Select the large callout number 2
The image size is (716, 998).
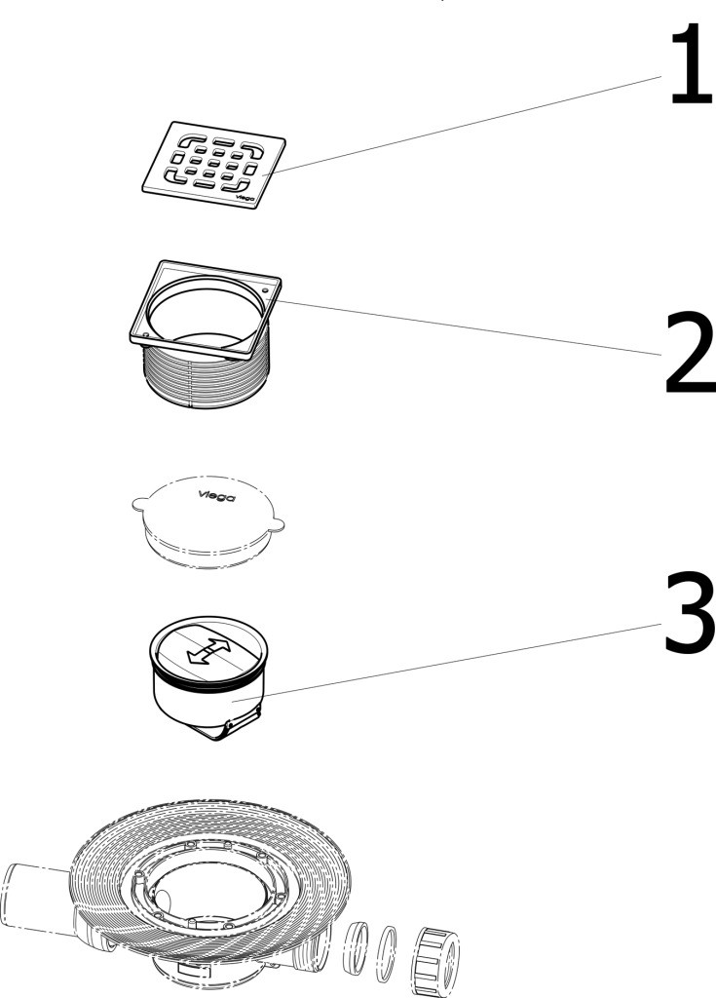(x=691, y=353)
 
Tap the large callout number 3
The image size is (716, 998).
(x=691, y=612)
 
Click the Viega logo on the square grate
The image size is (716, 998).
(x=245, y=198)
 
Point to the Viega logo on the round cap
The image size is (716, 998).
(x=215, y=496)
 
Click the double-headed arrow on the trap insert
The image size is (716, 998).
(x=208, y=652)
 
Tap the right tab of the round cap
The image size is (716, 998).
(x=277, y=525)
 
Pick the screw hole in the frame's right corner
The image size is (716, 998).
(x=265, y=289)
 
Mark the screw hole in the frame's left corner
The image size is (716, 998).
(x=146, y=335)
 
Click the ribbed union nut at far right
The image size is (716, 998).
(x=437, y=961)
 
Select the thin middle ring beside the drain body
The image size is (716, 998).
(x=387, y=955)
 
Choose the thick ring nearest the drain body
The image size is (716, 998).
(x=357, y=948)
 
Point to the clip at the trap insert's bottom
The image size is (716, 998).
(x=242, y=724)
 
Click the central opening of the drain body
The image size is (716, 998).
(x=210, y=887)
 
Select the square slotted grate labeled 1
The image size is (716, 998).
(x=214, y=165)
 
